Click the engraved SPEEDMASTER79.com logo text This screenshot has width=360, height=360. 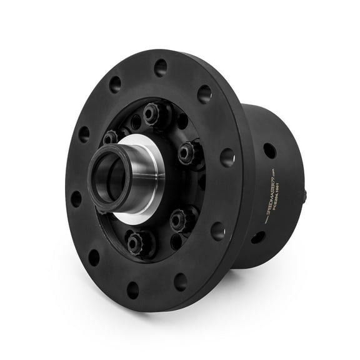click(x=269, y=198)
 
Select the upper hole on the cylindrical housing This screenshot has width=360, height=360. click(x=269, y=151)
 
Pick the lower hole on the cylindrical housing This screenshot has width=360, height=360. click(x=257, y=237)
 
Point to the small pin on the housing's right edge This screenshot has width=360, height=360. click(x=304, y=197)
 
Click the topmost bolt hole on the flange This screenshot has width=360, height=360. click(x=161, y=66)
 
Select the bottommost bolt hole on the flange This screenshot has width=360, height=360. click(x=133, y=289)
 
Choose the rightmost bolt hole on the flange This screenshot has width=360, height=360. click(x=227, y=157)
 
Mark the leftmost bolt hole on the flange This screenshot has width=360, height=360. click(x=76, y=198)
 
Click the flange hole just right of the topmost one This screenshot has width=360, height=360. click(x=204, y=94)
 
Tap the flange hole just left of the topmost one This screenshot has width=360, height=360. click(x=115, y=84)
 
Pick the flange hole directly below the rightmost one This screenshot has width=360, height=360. click(x=218, y=231)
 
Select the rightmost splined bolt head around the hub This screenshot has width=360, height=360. click(x=186, y=151)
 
